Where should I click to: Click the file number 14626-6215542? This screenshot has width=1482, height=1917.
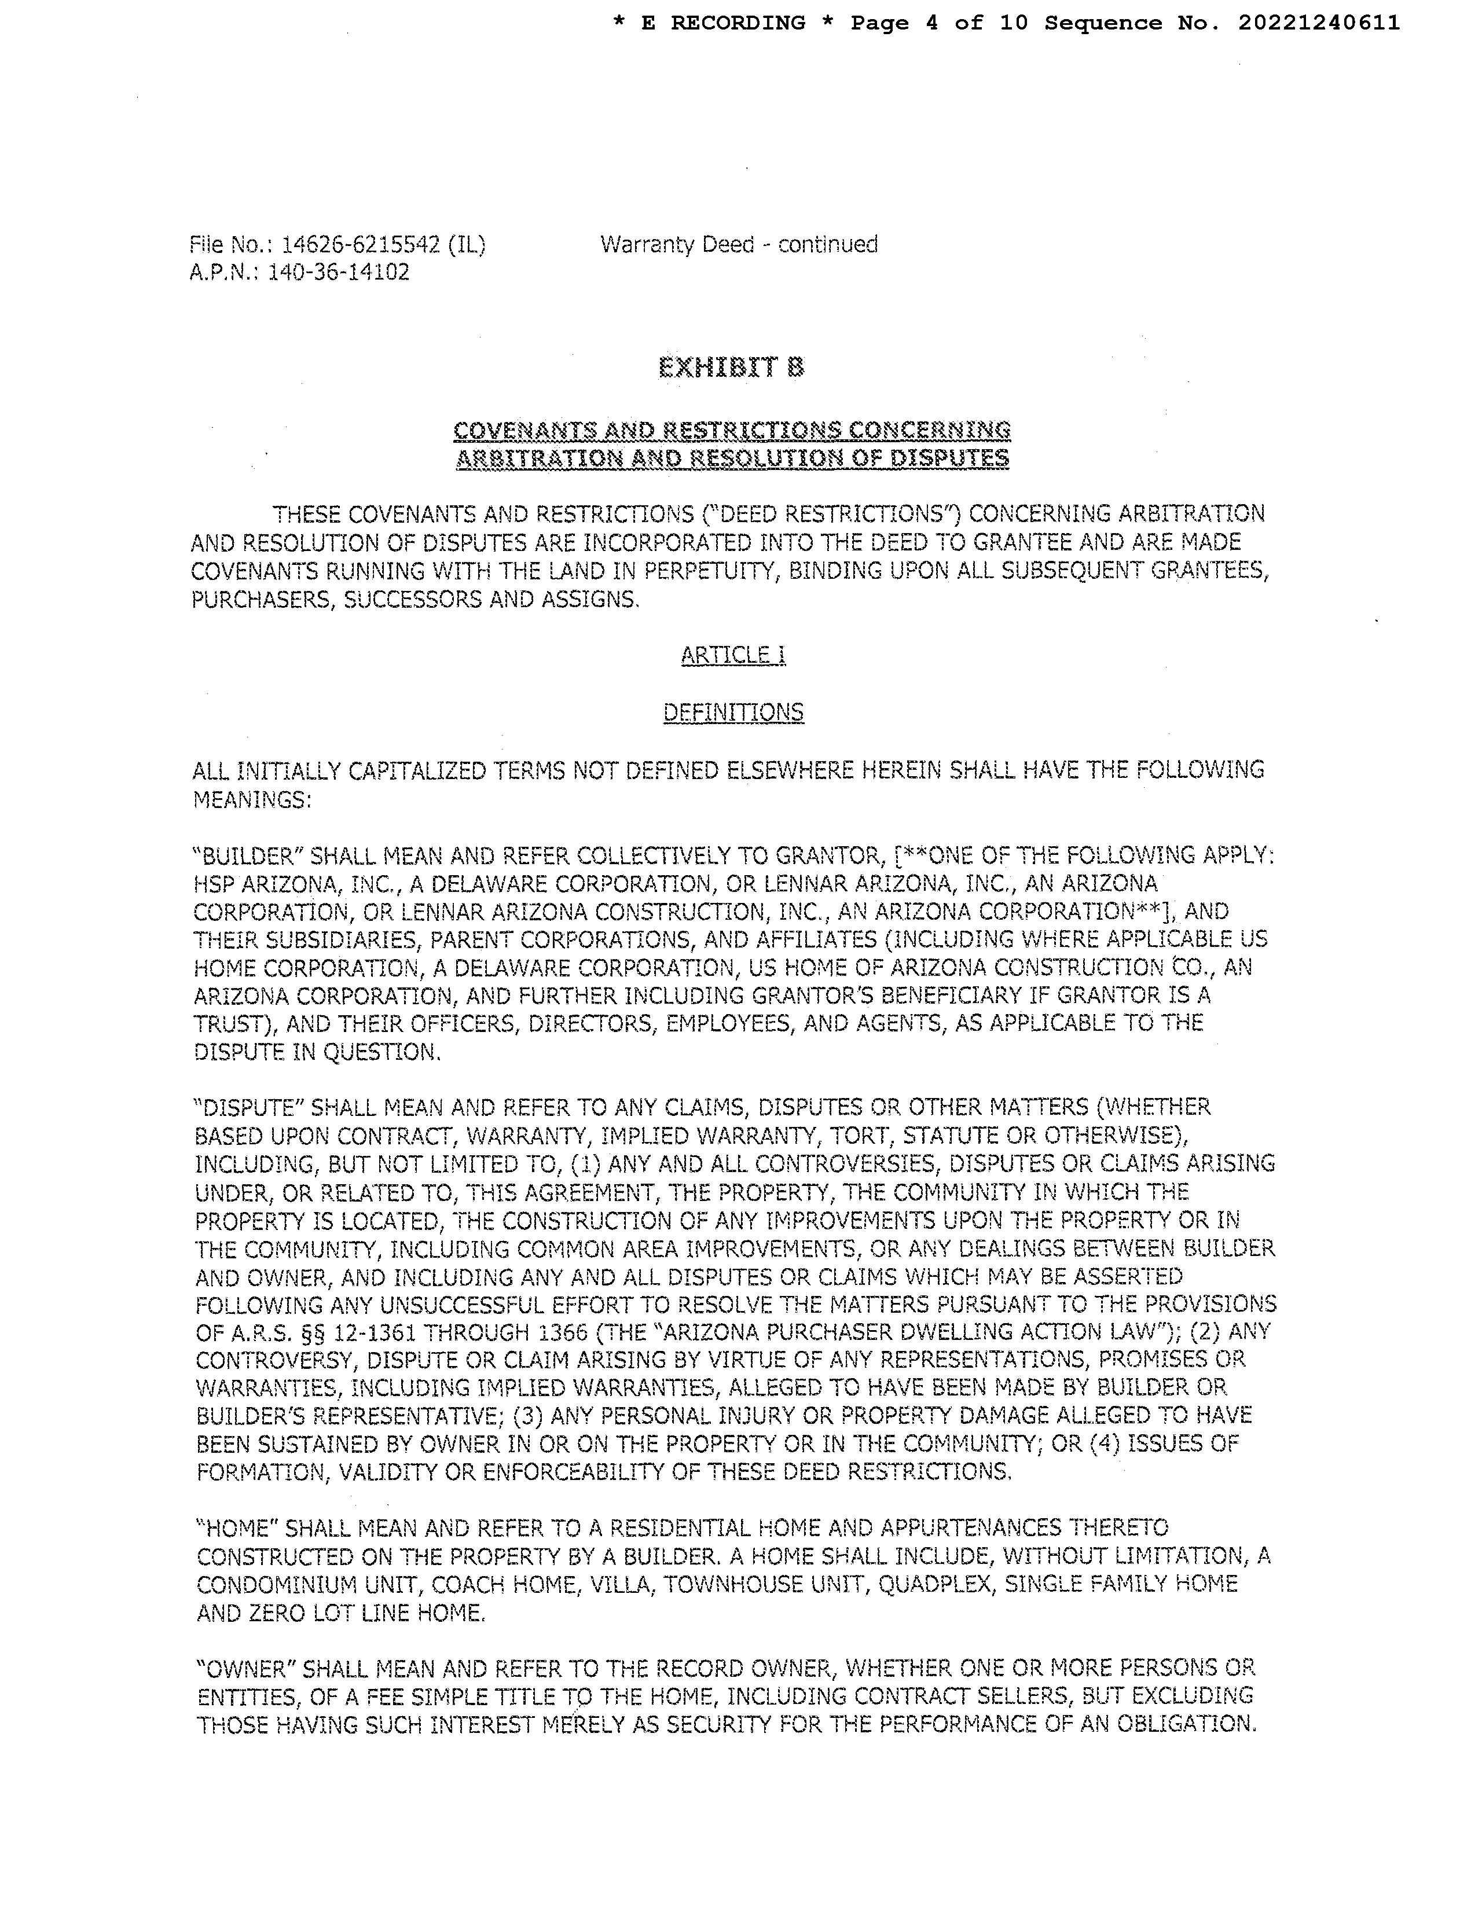coord(360,245)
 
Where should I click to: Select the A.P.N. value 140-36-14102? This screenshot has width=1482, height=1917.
coord(338,273)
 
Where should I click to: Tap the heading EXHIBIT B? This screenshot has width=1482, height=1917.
coord(731,367)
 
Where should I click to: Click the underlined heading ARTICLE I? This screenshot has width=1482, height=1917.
coord(733,656)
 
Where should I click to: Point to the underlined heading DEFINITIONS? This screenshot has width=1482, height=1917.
coord(733,712)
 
